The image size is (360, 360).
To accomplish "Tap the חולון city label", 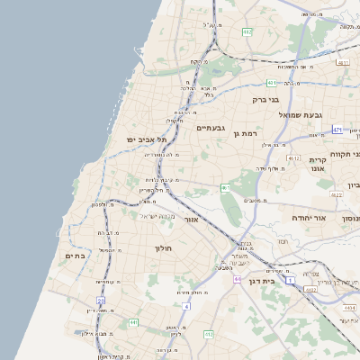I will click(163, 247).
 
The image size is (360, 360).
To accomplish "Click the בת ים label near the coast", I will click(76, 256).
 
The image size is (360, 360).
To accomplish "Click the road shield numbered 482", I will click(247, 31).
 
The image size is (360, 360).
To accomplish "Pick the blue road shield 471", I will click(337, 130).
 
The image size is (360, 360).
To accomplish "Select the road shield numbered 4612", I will click(294, 158).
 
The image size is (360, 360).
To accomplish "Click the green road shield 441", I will click(133, 322).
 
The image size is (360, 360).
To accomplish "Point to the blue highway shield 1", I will click(291, 281).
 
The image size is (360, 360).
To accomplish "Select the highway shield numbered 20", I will click(102, 301).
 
